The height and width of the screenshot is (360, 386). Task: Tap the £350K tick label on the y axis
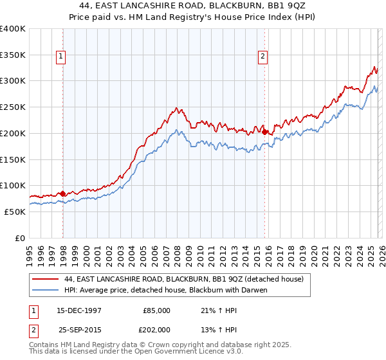pyautogui.click(x=13, y=55)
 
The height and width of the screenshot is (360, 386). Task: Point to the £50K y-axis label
pyautogui.click(x=15, y=212)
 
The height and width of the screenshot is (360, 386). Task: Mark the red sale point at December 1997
pyautogui.click(x=62, y=194)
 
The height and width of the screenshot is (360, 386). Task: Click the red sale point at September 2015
pyautogui.click(x=264, y=132)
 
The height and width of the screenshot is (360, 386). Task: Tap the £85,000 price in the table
pyautogui.click(x=156, y=310)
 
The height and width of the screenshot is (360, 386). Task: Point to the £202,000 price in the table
pyautogui.click(x=156, y=330)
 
